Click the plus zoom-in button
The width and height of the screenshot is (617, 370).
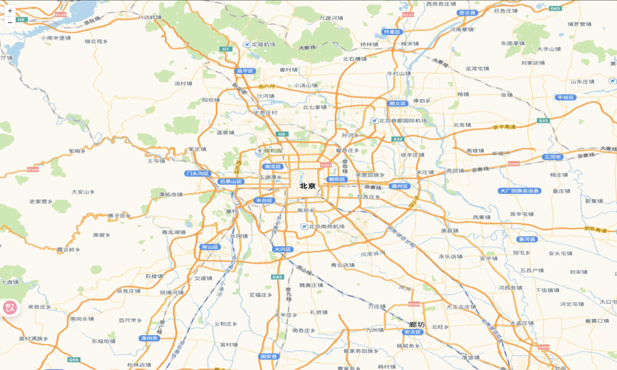click(10, 11)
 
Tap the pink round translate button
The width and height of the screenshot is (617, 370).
click(10, 308)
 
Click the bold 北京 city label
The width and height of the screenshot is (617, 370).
click(308, 186)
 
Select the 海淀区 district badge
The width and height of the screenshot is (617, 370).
click(273, 167)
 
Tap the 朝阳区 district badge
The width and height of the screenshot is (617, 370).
click(337, 179)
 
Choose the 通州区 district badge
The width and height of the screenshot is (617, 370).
click(400, 186)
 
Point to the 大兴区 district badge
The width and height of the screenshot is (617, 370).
click(283, 249)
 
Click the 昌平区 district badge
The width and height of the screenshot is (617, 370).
click(245, 71)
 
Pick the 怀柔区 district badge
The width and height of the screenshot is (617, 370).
click(392, 32)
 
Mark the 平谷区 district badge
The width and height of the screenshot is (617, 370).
click(566, 98)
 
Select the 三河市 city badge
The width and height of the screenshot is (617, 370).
click(552, 157)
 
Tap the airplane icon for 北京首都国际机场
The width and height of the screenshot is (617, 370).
click(374, 121)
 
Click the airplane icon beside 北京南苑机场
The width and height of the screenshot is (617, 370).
click(304, 227)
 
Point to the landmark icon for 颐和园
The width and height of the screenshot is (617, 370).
click(260, 151)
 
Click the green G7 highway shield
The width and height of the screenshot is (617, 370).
click(225, 49)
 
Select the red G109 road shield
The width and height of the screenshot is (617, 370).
click(33, 170)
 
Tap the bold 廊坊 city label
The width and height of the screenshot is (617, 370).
click(416, 325)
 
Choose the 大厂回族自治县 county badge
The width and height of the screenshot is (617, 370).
click(520, 191)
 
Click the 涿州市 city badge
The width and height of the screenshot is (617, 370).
click(149, 338)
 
